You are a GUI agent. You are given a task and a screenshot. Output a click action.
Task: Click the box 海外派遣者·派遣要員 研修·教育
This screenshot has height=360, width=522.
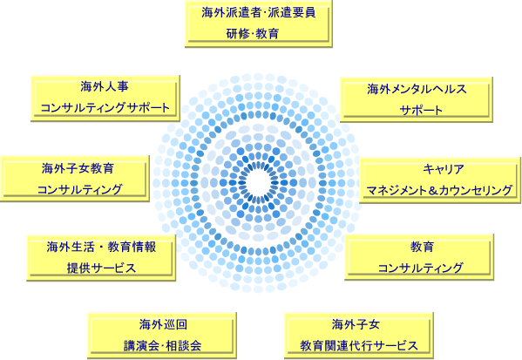tap(259, 24)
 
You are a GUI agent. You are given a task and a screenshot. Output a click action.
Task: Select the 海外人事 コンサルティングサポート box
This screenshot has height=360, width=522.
tap(105, 98)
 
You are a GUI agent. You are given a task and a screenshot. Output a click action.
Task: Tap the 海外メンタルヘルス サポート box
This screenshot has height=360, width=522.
tap(417, 99)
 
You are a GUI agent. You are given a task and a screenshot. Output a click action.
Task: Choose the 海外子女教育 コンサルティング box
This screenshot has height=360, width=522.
tap(75, 179)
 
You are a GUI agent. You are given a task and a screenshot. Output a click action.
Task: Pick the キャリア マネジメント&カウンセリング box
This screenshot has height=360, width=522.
tap(440, 180)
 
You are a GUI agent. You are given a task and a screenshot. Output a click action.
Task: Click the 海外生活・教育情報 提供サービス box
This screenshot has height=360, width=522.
tap(101, 258)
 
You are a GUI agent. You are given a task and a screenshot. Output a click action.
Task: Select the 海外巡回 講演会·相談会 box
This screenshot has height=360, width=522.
tap(162, 336)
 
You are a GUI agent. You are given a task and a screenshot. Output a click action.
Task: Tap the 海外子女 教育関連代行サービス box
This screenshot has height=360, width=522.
tap(359, 336)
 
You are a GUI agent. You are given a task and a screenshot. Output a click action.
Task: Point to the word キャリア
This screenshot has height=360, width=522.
tap(444, 169)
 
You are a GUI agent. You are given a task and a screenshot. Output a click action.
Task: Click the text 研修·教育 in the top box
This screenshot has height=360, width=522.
tap(253, 34)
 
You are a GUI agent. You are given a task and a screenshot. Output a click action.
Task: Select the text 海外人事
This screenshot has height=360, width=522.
tap(105, 86)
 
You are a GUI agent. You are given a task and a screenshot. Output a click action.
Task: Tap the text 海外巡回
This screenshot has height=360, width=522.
tap(163, 324)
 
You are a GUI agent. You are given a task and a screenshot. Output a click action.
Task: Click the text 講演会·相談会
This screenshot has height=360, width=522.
tap(162, 346)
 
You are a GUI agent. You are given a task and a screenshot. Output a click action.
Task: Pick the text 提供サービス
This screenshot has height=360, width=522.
tap(101, 268)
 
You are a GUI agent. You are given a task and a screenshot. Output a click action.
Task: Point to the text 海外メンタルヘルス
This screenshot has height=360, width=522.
tap(417, 89)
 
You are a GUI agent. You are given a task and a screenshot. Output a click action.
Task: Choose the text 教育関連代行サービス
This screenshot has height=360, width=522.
tap(359, 346)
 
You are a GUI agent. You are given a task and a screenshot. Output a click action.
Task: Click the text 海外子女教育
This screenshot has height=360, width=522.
tap(78, 168)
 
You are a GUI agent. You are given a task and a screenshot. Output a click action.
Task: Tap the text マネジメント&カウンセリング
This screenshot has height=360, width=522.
tap(439, 190)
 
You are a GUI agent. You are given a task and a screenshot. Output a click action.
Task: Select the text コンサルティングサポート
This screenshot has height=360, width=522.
tap(105, 107)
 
